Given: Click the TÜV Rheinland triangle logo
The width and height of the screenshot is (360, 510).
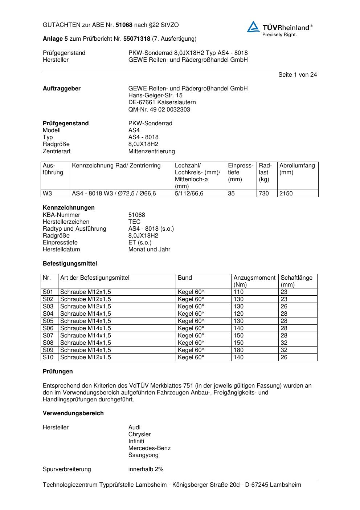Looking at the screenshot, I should click(253, 27).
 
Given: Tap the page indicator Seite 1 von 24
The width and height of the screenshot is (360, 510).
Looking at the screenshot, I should click(297, 75).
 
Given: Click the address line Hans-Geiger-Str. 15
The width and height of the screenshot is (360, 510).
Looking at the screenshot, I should click(155, 96).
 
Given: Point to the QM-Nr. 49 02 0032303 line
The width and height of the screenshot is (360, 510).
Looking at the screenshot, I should click(159, 109).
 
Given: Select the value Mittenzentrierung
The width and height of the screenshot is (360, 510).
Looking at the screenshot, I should click(151, 151).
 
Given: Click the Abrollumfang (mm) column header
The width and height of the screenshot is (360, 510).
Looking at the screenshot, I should click(297, 169).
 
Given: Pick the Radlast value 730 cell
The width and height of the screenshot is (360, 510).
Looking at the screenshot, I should click(264, 194).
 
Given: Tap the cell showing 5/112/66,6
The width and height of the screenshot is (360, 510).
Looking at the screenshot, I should click(189, 194).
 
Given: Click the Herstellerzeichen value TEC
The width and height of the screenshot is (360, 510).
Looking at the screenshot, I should click(134, 222).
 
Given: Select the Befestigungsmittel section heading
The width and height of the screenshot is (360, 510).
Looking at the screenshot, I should click(70, 263).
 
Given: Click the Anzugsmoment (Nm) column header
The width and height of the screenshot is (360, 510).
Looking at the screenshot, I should click(254, 281).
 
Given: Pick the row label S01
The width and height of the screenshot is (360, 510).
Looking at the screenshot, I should click(48, 292).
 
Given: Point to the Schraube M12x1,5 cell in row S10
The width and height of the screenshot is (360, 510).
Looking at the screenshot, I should click(86, 357).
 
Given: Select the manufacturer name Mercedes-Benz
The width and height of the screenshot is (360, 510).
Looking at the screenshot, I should click(149, 448).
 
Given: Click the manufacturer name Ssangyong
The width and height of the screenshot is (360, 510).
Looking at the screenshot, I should click(143, 455).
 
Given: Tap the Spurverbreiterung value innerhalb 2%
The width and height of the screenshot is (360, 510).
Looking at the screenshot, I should click(146, 469).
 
